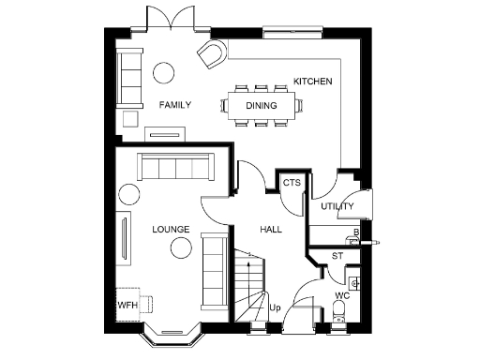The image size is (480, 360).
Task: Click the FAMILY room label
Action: pos(174,105)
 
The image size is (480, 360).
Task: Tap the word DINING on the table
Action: pos(262,106)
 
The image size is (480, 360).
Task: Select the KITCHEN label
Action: pos(312,82)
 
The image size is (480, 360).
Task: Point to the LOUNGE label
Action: pos(170,229)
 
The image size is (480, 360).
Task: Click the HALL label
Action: pos(271,229)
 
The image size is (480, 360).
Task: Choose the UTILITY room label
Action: pos(337,206)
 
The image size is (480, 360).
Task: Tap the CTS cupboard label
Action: pos(292,183)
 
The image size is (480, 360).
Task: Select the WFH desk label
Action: pos(127,306)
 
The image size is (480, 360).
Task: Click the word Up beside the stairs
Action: pos(275,307)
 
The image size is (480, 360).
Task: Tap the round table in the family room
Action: pos(165,72)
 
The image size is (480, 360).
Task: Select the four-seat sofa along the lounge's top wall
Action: pos(173,167)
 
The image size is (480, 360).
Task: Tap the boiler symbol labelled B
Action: pos(355,232)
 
